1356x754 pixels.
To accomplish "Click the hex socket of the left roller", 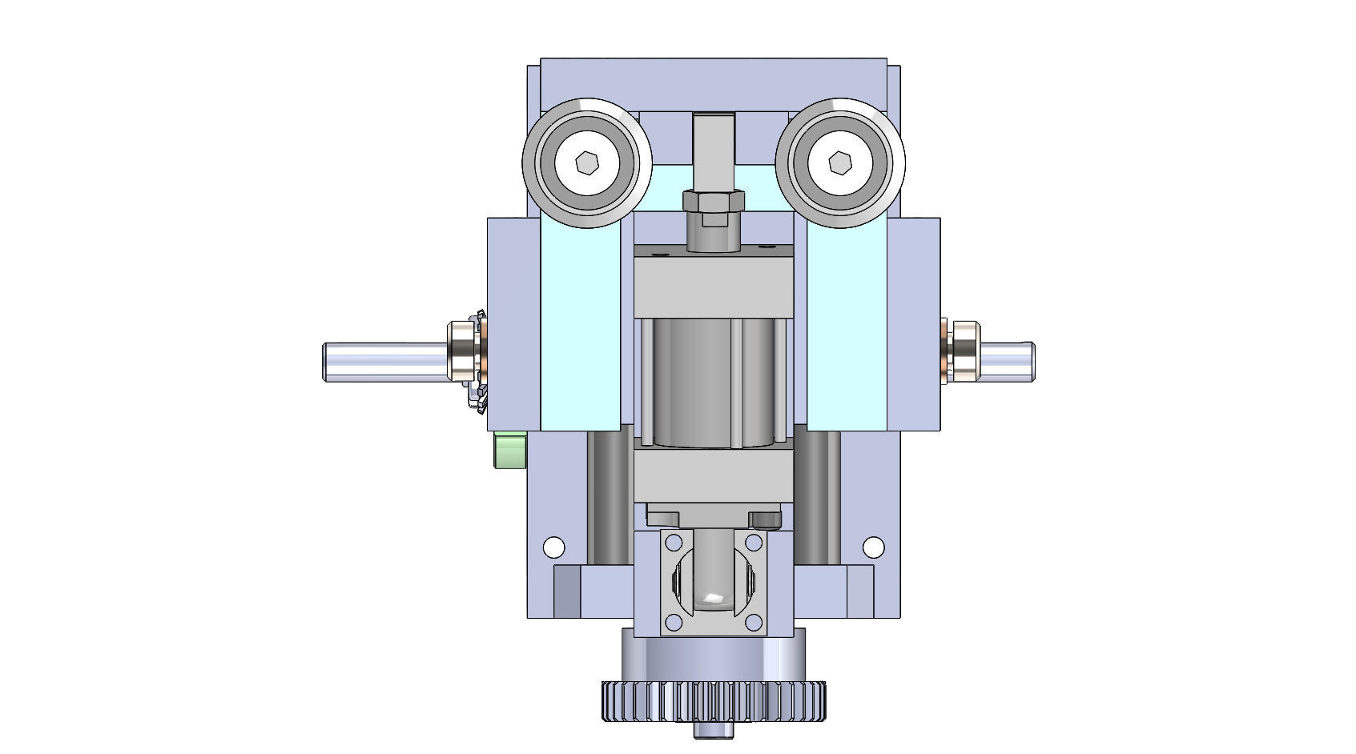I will click(588, 163).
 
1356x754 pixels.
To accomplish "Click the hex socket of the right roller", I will click(839, 163).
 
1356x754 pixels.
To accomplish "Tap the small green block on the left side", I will click(510, 450).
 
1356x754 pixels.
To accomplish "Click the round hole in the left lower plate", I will click(553, 547).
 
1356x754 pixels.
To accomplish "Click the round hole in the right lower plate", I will click(873, 547).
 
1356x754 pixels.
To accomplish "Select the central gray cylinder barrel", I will click(693, 380).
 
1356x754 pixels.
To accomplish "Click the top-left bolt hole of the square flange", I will click(673, 543).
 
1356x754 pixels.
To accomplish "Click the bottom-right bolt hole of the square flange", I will click(753, 622).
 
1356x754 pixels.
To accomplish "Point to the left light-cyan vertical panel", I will click(581, 336).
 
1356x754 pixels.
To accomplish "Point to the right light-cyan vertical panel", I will click(847, 336).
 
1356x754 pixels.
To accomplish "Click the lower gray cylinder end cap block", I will click(714, 476).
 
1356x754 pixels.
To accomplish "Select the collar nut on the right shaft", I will click(961, 351).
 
